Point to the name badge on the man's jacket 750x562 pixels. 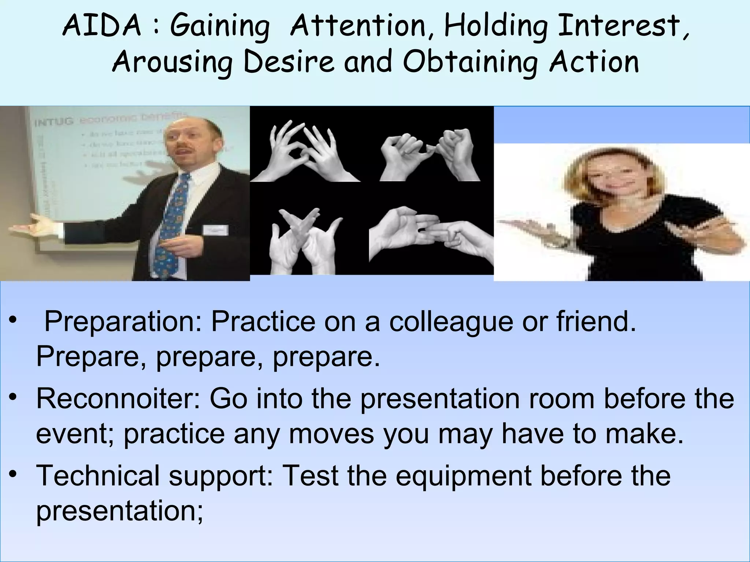pyautogui.click(x=215, y=230)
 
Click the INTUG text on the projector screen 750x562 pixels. pyautogui.click(x=54, y=121)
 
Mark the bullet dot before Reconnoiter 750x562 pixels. pyautogui.click(x=14, y=397)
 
